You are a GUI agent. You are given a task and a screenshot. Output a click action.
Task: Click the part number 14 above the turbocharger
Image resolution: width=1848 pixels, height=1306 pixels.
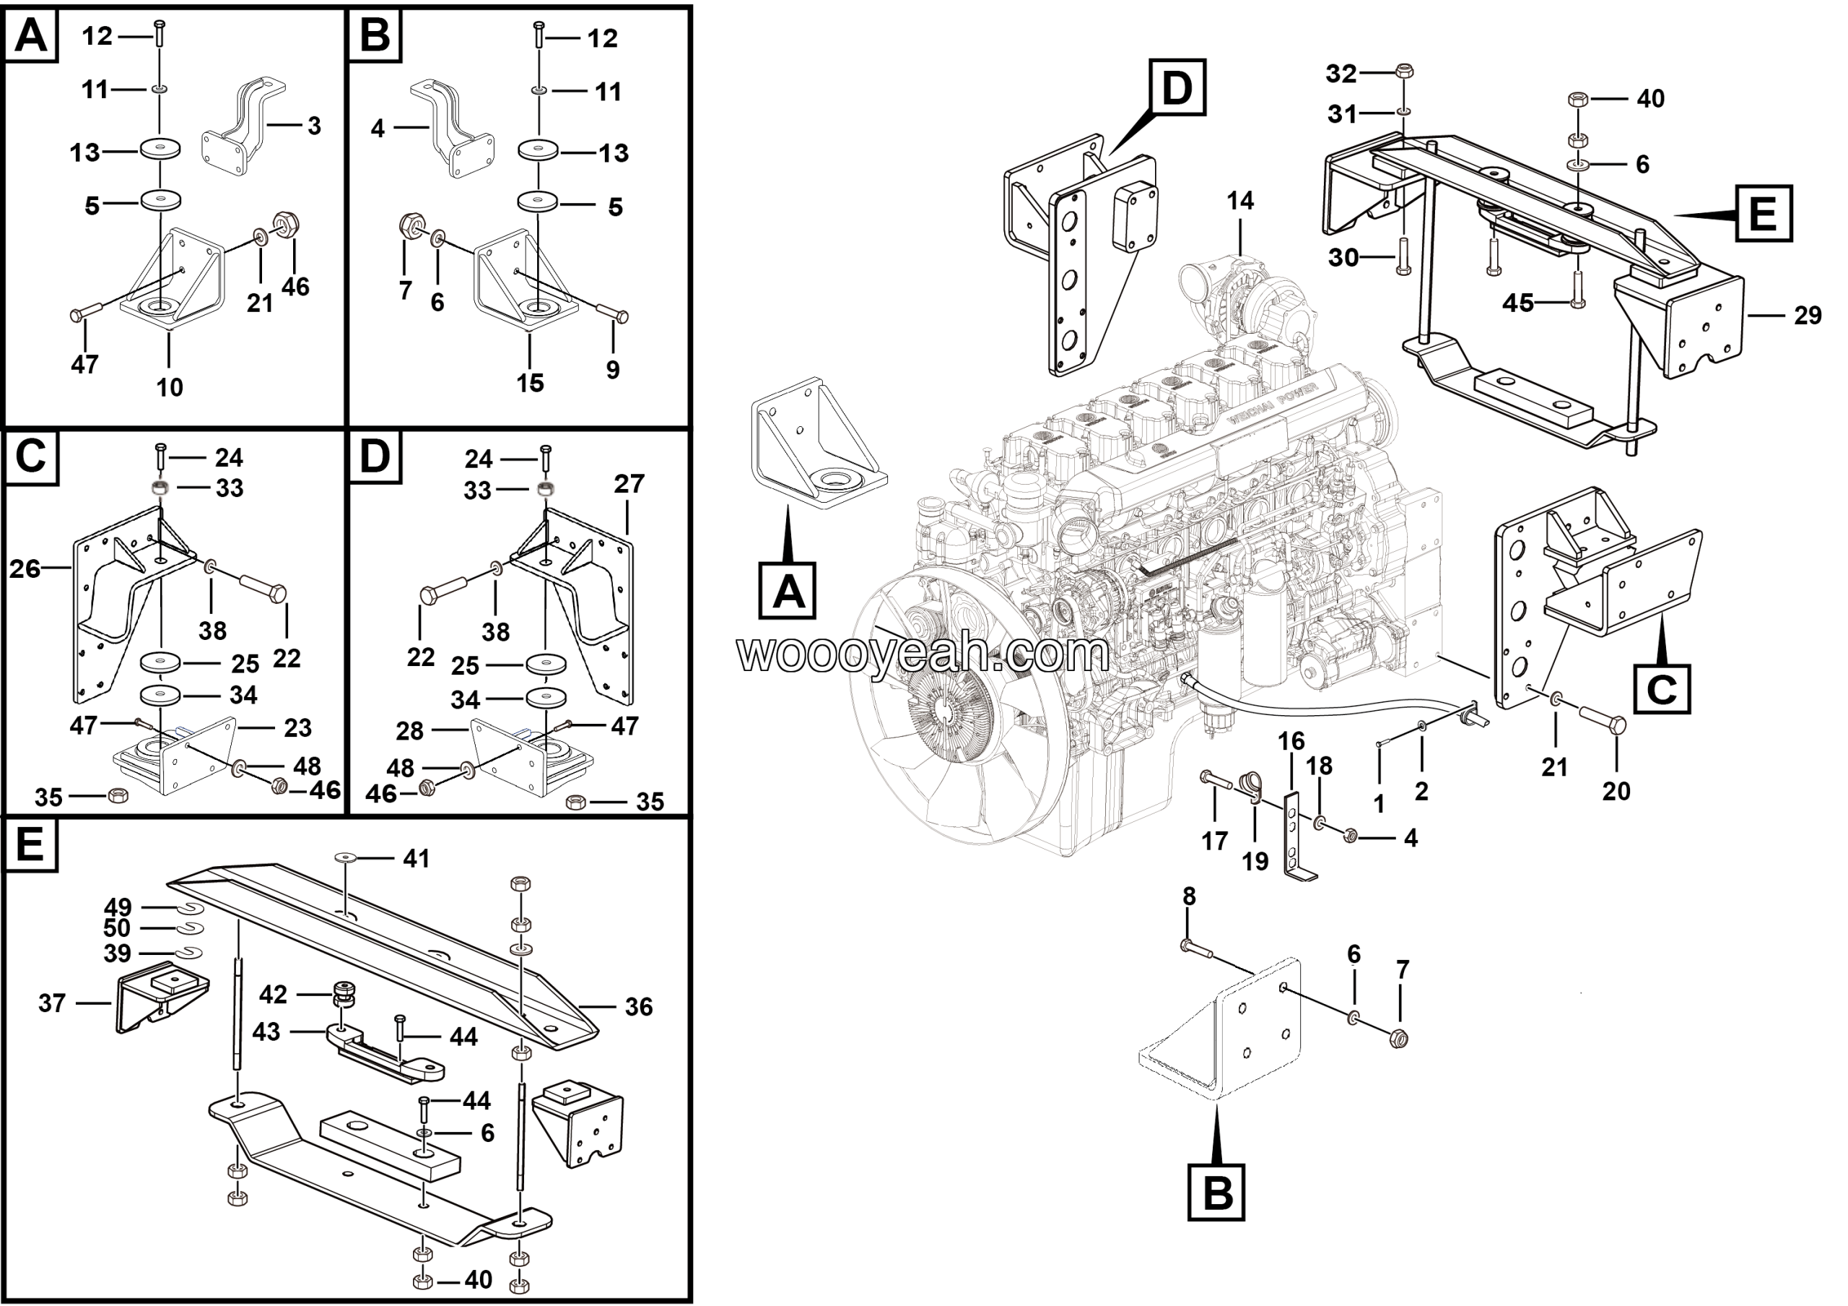pos(1239,201)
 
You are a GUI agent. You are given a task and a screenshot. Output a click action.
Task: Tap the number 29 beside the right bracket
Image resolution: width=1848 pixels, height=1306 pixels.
pos(1807,315)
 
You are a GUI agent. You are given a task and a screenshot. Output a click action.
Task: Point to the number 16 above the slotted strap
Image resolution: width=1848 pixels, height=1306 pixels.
pos(1291,740)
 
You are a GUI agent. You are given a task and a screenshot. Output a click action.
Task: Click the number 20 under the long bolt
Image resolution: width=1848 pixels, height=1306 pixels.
pos(1616,791)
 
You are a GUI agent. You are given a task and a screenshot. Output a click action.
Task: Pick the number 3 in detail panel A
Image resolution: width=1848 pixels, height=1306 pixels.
pos(314,126)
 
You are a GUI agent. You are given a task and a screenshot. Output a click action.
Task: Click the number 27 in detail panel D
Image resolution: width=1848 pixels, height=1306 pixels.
pos(629,483)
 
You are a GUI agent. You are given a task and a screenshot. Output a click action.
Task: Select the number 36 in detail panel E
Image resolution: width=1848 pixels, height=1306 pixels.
pos(638,1006)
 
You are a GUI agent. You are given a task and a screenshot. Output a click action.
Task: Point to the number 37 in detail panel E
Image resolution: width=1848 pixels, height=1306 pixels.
pos(51,1003)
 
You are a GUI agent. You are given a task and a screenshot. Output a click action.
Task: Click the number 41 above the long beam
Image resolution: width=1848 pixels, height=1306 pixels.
pos(415,858)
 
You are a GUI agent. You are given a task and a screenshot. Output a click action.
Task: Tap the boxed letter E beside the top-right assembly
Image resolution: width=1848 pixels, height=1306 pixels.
pos(1763,213)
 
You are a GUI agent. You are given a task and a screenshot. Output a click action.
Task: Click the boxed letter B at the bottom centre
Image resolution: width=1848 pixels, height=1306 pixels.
pos(1216,1192)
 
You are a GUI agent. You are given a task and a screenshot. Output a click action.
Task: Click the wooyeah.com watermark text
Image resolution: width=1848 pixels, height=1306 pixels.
pos(923,654)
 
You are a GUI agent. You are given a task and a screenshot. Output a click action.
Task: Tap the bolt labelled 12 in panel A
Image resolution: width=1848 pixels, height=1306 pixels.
pos(160,33)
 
